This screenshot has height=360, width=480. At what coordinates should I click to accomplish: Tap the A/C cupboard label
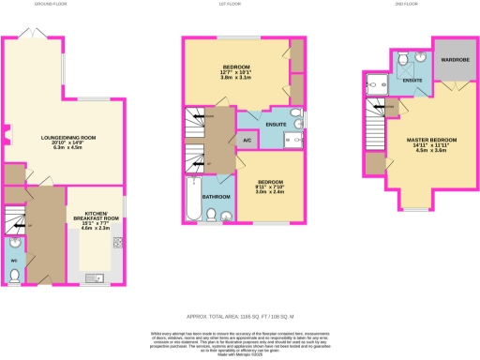(247, 141)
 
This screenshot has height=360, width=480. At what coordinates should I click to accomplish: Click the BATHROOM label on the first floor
(217, 196)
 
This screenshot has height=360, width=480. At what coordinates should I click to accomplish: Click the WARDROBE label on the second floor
(453, 64)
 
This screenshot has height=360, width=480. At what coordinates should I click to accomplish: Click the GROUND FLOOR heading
(65, 3)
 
